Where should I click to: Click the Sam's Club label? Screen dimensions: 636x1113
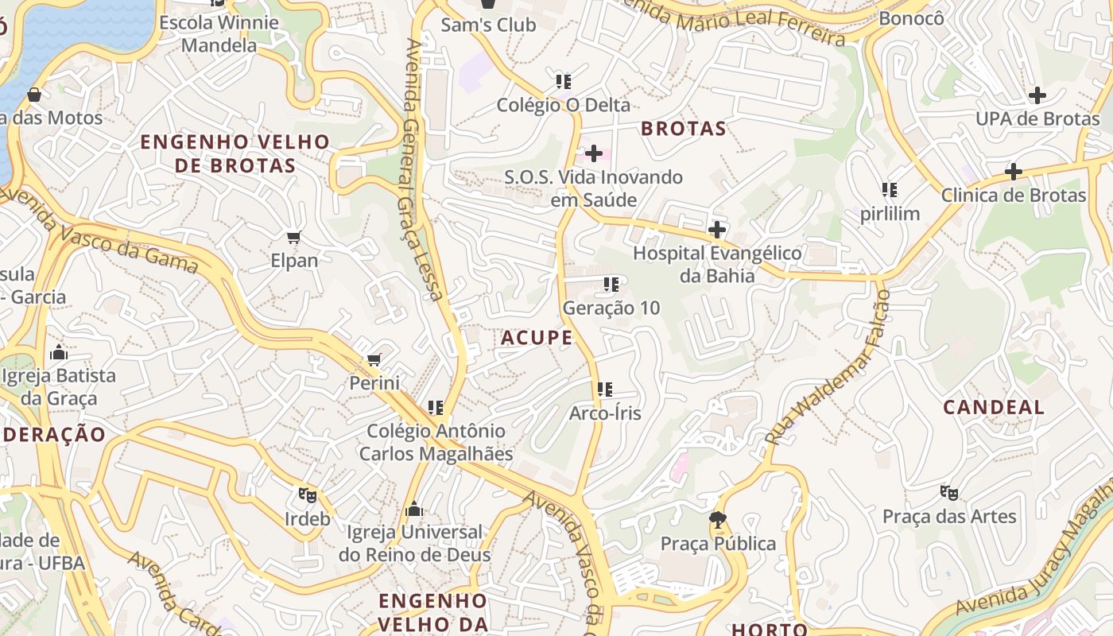[488, 25]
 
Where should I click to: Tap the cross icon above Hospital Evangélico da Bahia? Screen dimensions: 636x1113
[716, 231]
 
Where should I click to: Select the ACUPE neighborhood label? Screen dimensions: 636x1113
[537, 338]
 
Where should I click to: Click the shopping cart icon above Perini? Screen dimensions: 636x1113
[374, 359]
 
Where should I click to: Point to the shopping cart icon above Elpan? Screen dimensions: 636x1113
[294, 237]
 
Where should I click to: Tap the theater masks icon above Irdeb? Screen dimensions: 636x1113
[308, 495]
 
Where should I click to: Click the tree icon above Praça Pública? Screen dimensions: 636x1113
[718, 520]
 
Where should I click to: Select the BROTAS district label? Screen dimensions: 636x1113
[684, 129]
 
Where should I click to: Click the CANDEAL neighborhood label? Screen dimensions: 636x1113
[993, 408]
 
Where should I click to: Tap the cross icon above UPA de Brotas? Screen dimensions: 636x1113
[1037, 96]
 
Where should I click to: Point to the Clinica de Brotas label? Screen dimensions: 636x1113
[1013, 196]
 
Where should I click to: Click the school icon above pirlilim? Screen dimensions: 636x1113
[889, 190]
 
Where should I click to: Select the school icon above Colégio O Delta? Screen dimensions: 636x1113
[564, 81]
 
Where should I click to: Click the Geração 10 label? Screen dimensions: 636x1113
[611, 308]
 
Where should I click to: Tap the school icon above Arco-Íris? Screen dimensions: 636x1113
[605, 390]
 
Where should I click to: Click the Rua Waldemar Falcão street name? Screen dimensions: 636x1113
[828, 367]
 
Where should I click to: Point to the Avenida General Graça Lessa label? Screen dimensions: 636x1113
[422, 169]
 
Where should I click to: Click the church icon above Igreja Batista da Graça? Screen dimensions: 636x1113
[59, 352]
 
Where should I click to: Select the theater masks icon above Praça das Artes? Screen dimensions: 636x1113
[948, 493]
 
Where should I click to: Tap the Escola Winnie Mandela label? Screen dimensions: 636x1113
[219, 33]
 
